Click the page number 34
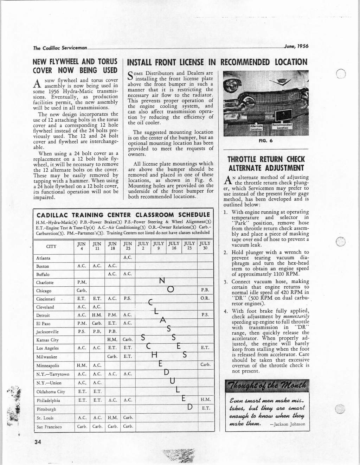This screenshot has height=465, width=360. click(x=38, y=442)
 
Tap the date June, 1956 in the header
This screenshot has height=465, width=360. click(x=296, y=46)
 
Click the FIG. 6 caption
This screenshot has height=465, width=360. click(x=265, y=141)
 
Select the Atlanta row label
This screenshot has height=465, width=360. click(x=43, y=258)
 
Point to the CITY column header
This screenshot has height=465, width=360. click(x=51, y=246)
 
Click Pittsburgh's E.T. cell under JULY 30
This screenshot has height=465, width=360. click(x=205, y=408)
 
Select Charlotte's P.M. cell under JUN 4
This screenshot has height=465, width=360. click(x=82, y=282)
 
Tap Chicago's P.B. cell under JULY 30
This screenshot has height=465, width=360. click(x=205, y=290)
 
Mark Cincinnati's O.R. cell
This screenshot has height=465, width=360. click(x=205, y=299)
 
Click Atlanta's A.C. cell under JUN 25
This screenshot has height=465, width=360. click(x=128, y=257)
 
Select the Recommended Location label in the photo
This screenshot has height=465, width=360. click(x=284, y=126)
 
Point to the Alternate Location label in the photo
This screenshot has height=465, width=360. click(x=256, y=128)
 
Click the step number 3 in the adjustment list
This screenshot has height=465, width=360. click(x=226, y=282)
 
